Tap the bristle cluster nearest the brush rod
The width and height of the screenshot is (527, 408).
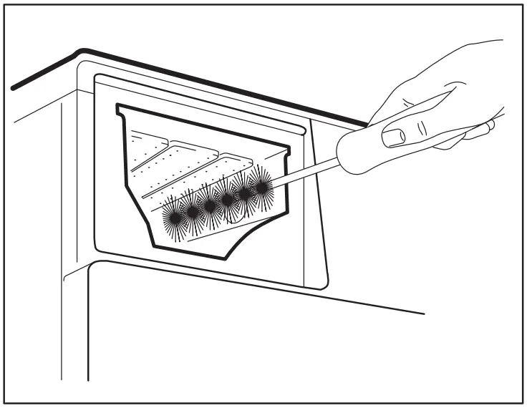(263, 188)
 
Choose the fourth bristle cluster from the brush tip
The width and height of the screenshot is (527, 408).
(228, 199)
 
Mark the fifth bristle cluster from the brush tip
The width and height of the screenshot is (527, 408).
(246, 193)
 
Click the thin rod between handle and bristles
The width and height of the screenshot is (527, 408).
(308, 173)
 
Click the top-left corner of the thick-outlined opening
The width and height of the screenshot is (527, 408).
(119, 108)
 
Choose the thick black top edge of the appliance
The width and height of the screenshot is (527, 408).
(215, 82)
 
